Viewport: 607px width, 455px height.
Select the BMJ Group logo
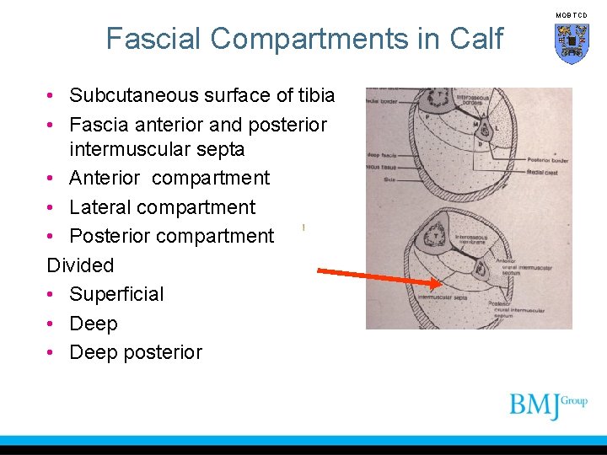547,405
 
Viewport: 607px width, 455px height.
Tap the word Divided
80,265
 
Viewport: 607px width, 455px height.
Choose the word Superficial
116,294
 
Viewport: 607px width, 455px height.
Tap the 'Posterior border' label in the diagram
547,159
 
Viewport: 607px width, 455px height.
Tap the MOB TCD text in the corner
572,15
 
